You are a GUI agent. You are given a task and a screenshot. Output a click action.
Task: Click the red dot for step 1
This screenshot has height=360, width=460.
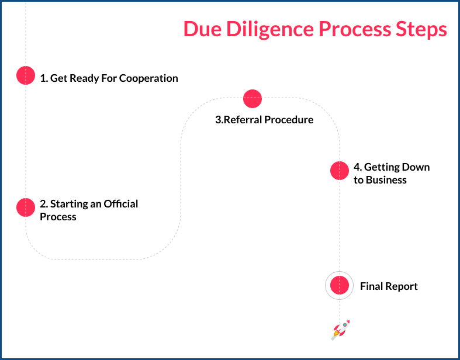26,75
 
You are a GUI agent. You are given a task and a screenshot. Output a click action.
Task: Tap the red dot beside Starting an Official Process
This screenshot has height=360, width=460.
26,207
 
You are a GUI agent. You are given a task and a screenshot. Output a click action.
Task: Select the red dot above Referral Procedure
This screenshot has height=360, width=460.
252,98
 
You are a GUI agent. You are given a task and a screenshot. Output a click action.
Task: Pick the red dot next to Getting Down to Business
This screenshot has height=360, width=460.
340,171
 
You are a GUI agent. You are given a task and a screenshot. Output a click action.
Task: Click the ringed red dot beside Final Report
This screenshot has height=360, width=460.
340,286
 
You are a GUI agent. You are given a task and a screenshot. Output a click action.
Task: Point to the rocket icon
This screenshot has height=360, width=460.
340,330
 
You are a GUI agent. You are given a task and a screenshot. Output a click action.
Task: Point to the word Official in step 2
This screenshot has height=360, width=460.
121,204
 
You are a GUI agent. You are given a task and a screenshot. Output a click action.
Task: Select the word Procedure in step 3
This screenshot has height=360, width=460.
289,120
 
